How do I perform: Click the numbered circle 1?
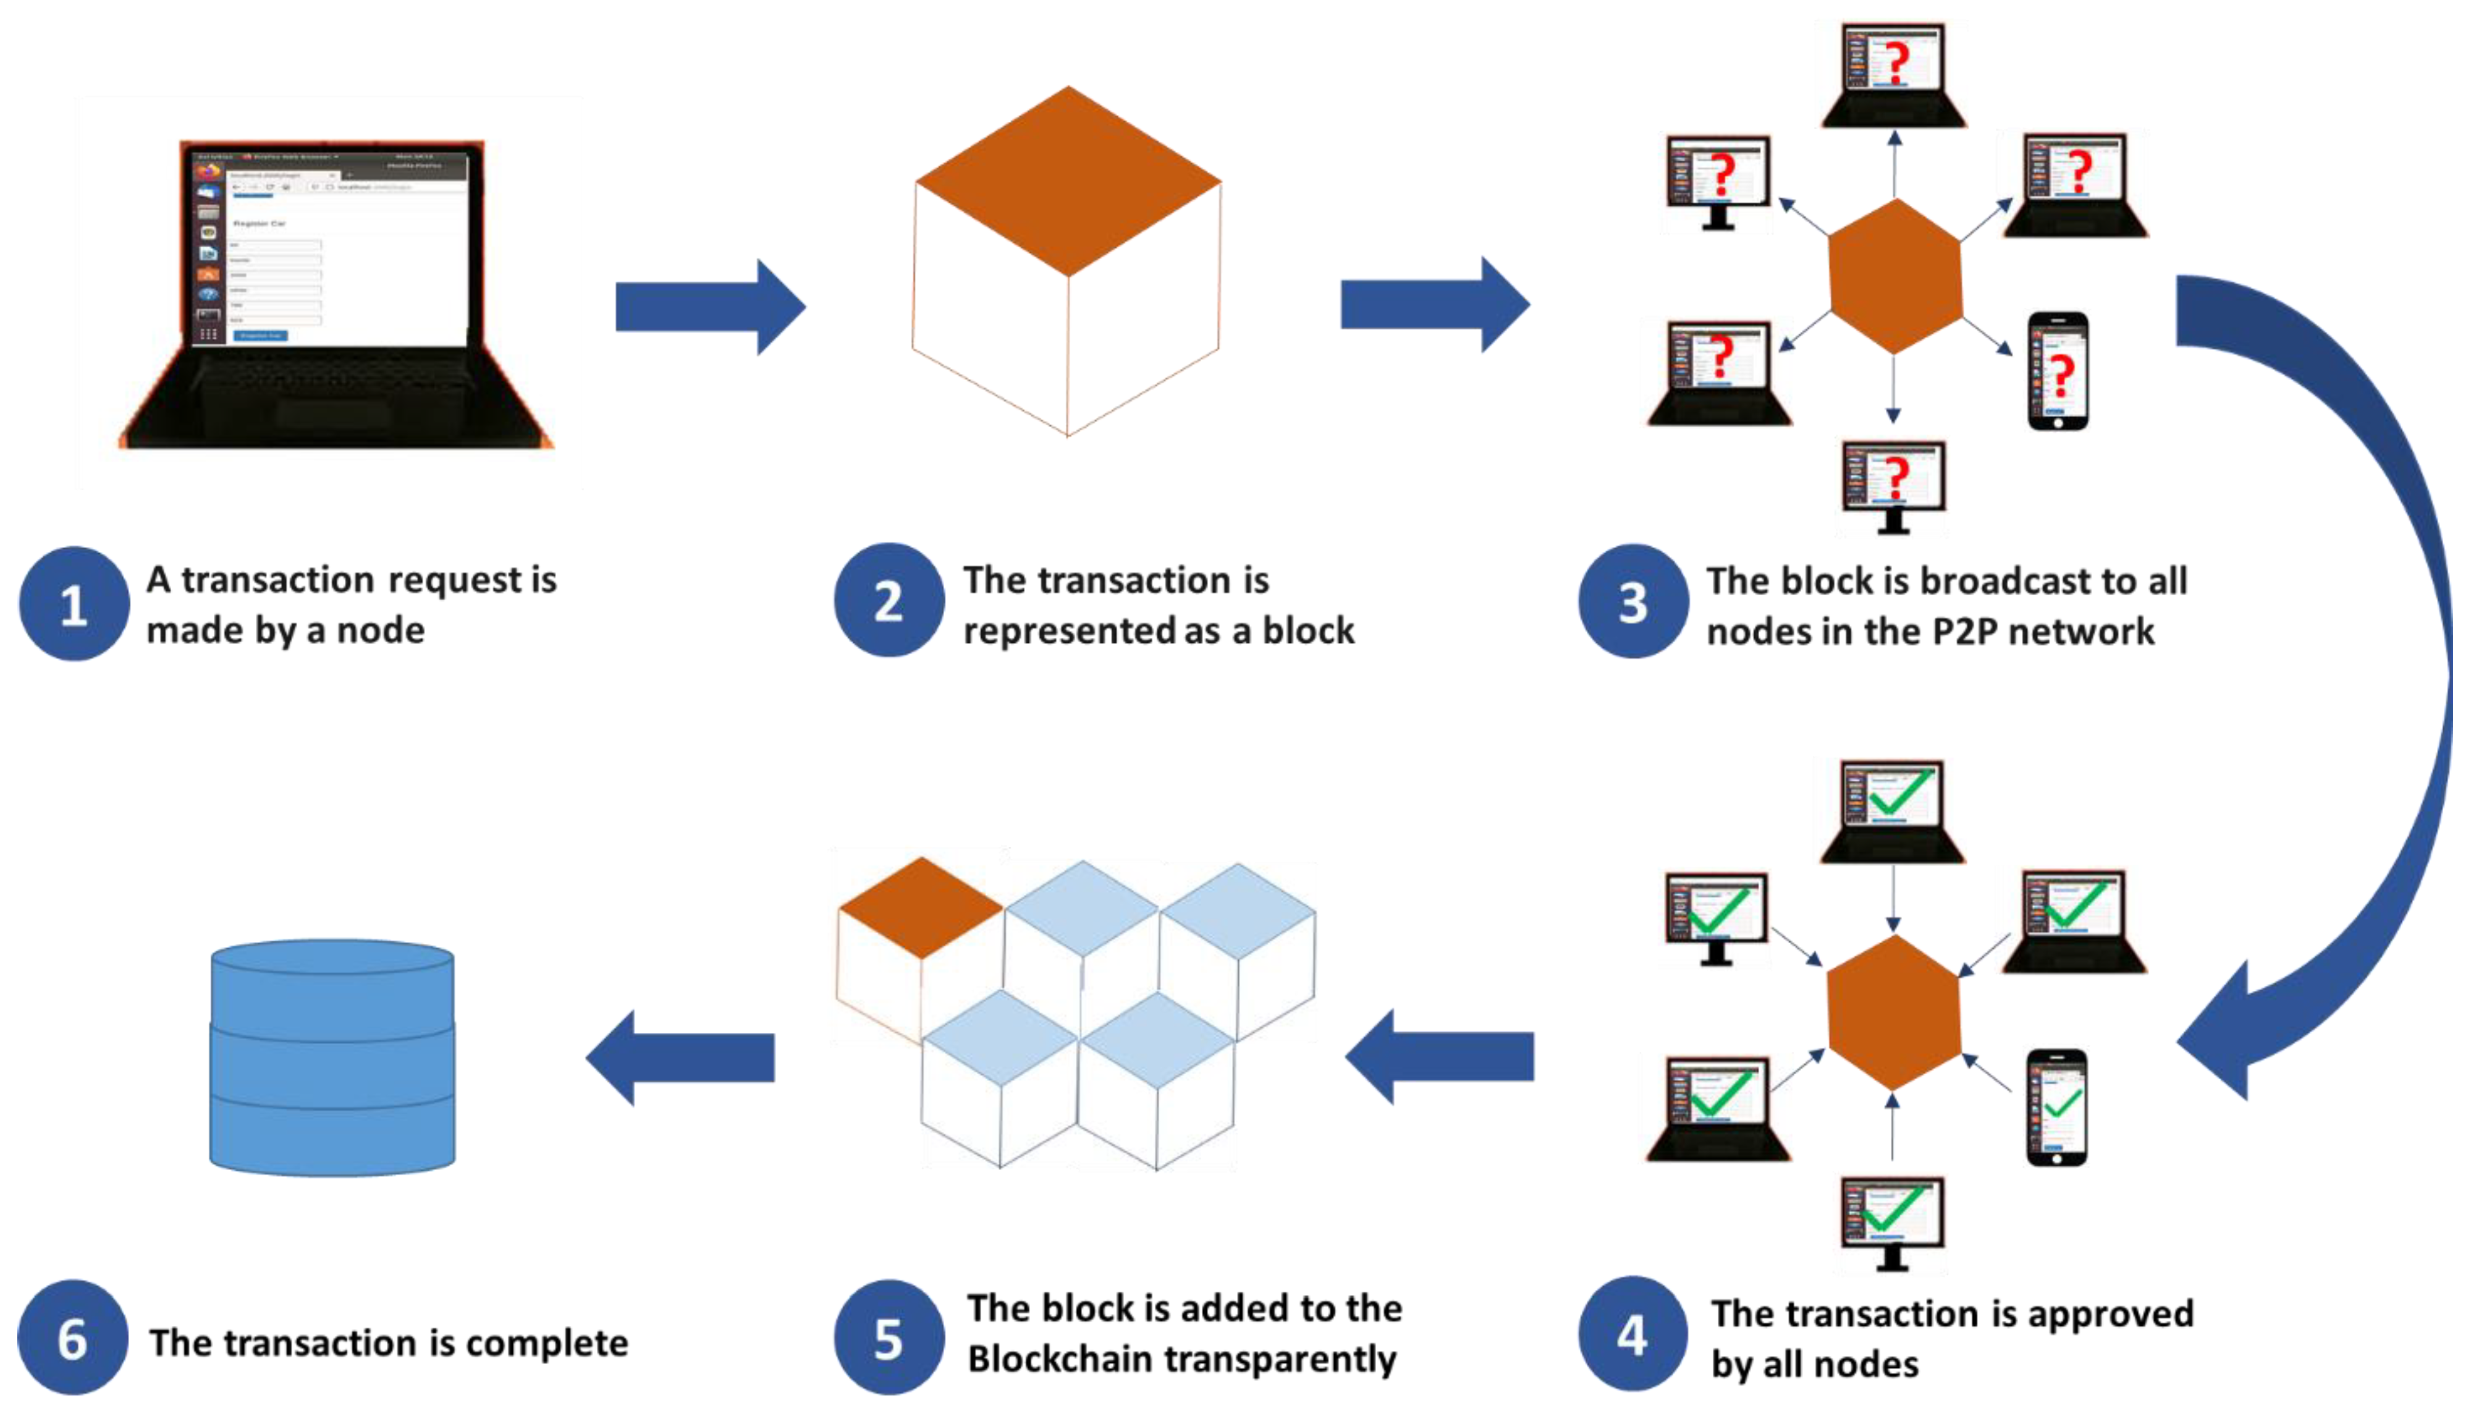pyautogui.click(x=74, y=604)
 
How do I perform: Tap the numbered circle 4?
pyautogui.click(x=1632, y=1334)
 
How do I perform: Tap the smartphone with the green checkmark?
pyautogui.click(x=2056, y=1107)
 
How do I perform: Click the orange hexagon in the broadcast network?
pyautogui.click(x=1895, y=276)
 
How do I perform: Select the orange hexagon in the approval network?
pyautogui.click(x=1893, y=1012)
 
